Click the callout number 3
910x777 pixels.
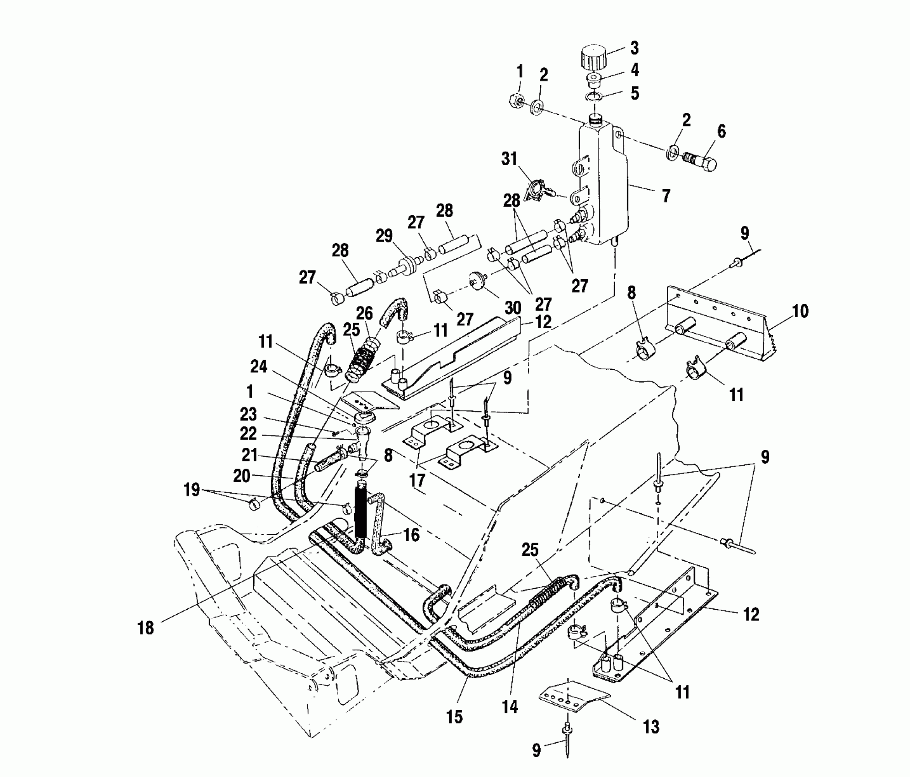coord(634,48)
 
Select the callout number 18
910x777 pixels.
coord(146,628)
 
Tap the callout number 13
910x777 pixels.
coord(651,726)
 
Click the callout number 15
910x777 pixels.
coord(455,716)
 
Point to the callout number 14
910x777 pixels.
coord(510,707)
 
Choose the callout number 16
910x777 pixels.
coord(411,534)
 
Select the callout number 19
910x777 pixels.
coord(192,490)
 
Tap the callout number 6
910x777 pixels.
coord(721,132)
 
